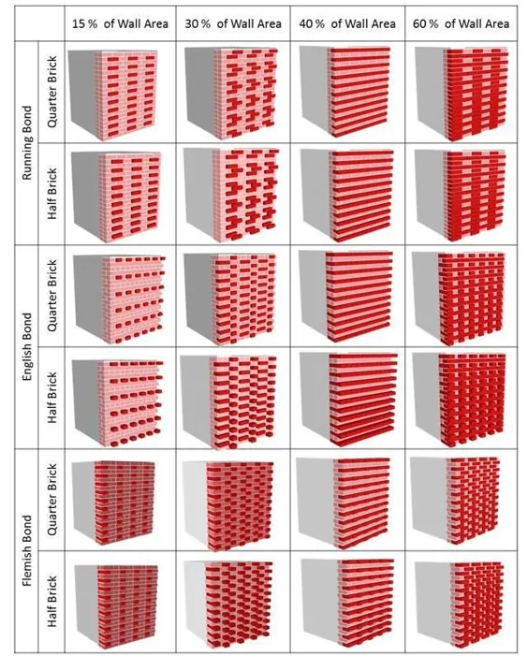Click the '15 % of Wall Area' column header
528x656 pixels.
pyautogui.click(x=120, y=23)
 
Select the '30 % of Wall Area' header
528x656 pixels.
pyautogui.click(x=233, y=23)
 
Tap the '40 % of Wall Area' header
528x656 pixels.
pyautogui.click(x=347, y=23)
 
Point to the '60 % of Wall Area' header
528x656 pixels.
pyautogui.click(x=461, y=23)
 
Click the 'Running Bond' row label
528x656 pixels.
pyautogui.click(x=27, y=142)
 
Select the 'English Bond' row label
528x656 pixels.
pyautogui.click(x=27, y=347)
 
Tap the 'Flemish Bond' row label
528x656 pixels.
pyautogui.click(x=27, y=550)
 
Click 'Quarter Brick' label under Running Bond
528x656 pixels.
pyautogui.click(x=51, y=92)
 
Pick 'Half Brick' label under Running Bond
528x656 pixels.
pyautogui.click(x=51, y=194)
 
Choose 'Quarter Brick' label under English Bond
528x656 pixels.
pyautogui.click(x=51, y=296)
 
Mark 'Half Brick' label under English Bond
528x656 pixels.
pyautogui.click(x=51, y=398)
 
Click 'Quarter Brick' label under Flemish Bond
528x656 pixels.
pyautogui.click(x=51, y=499)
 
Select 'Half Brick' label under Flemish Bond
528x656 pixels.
pyautogui.click(x=51, y=601)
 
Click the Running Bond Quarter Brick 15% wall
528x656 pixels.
pyautogui.click(x=113, y=95)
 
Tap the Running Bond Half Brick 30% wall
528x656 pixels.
pyautogui.click(x=231, y=196)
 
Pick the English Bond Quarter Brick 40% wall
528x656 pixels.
pyautogui.click(x=346, y=297)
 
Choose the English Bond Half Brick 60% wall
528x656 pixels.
pyautogui.click(x=460, y=400)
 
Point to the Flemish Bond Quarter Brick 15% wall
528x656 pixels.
pyautogui.click(x=113, y=503)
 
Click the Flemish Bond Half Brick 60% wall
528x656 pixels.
pyautogui.click(x=460, y=605)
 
